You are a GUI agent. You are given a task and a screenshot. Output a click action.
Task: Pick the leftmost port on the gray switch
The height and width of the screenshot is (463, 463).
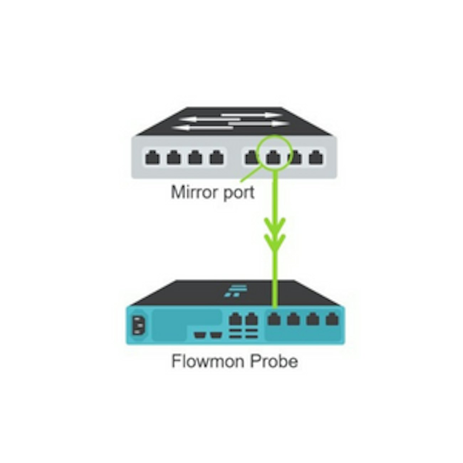tap(152, 157)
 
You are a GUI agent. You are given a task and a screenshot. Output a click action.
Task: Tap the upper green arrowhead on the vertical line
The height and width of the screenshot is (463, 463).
tap(275, 224)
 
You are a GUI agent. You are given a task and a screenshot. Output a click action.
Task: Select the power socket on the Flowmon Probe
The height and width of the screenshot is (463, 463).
tap(138, 325)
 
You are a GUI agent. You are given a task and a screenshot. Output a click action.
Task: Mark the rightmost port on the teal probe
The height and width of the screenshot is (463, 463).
tap(332, 319)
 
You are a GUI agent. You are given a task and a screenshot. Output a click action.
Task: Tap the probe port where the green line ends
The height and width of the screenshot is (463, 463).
tap(274, 319)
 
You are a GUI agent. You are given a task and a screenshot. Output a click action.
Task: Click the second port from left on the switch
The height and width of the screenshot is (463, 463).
tap(174, 157)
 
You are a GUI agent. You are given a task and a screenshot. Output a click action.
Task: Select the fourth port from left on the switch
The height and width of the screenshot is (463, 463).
tap(217, 157)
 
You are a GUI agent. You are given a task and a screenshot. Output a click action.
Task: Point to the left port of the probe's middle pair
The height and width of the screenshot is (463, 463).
tap(235, 319)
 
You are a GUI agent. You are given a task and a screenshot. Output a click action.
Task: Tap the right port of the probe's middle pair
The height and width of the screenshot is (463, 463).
tap(251, 319)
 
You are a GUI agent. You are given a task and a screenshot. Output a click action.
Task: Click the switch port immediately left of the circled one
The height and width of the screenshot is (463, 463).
tap(251, 157)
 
